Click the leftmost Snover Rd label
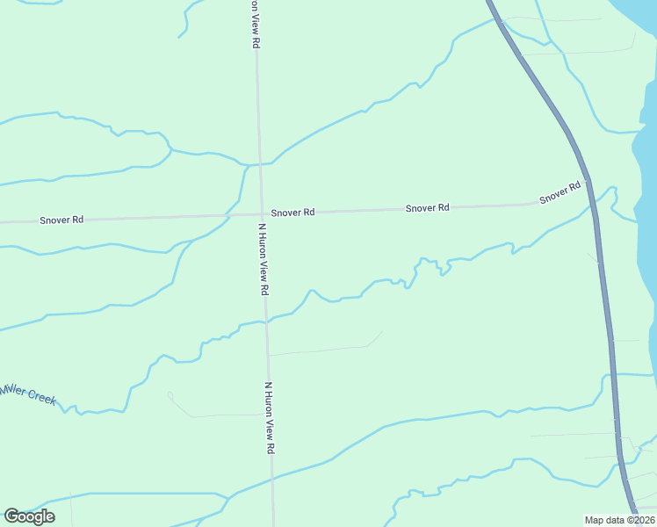(x=61, y=220)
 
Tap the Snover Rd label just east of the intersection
(x=292, y=213)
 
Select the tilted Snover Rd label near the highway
(x=560, y=192)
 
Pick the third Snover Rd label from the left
(x=428, y=208)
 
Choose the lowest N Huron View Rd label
(x=271, y=417)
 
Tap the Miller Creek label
(x=28, y=393)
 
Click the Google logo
(x=29, y=516)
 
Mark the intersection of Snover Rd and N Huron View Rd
(x=261, y=213)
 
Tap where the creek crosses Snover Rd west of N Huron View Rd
(x=227, y=214)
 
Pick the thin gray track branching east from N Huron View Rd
(x=325, y=350)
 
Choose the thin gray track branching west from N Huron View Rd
(x=211, y=415)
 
